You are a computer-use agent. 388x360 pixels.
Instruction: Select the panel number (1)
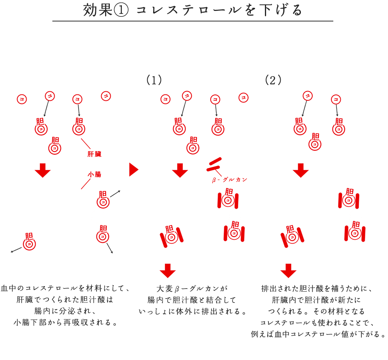154,80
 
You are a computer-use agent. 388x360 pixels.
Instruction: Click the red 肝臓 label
94,154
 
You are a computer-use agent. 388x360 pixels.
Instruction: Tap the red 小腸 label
94,174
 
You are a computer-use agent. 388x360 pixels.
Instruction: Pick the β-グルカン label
229,180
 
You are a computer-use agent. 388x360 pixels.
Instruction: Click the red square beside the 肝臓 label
85,144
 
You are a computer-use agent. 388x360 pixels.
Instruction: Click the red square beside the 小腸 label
85,182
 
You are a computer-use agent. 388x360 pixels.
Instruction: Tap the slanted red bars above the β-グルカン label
214,164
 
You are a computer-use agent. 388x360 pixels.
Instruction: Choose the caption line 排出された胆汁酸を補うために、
318,289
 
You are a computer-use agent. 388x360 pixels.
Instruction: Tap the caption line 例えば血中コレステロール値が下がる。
318,334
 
